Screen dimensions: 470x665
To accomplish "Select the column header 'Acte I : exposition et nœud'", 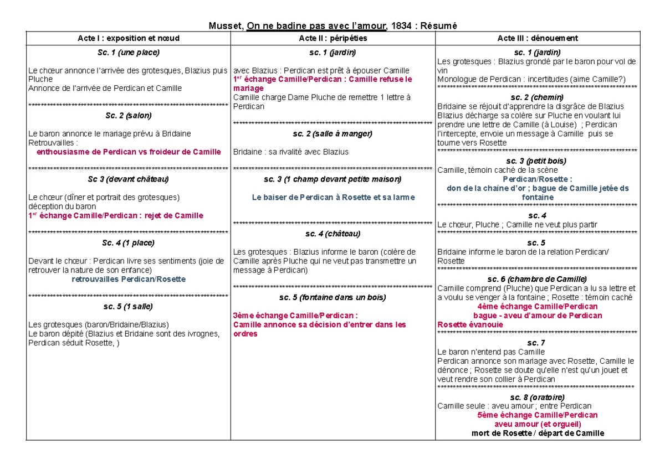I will click(x=128, y=38).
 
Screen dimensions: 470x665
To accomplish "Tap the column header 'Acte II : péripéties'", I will click(x=332, y=38).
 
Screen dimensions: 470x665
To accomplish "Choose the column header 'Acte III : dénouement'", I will click(x=538, y=38).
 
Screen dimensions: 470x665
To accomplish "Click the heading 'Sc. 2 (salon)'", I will click(x=128, y=116).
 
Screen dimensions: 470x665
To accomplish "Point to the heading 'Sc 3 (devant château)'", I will click(x=128, y=179).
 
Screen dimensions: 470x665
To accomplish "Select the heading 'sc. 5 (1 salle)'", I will click(x=128, y=306).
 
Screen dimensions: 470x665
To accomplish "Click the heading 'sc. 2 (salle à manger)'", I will click(x=332, y=133).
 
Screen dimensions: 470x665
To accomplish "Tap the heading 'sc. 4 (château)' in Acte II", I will click(x=332, y=234).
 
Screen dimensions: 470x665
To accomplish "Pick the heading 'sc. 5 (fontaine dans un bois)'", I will click(x=332, y=297).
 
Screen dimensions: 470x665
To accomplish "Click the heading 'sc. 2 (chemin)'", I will click(x=538, y=97).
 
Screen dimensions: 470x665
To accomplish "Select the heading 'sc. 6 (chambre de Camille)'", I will click(x=538, y=279).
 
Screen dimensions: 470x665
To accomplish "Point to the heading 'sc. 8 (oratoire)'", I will click(x=538, y=397).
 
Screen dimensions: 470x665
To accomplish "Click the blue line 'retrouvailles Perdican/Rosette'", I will click(x=129, y=279).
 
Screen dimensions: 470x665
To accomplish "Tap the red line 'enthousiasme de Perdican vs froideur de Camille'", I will click(x=129, y=152).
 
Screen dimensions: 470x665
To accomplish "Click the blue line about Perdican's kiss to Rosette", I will click(x=332, y=197).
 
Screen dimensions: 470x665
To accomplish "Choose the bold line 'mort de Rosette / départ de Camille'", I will click(x=538, y=433).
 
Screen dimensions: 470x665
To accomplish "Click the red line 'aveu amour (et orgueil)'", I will click(x=538, y=424).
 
